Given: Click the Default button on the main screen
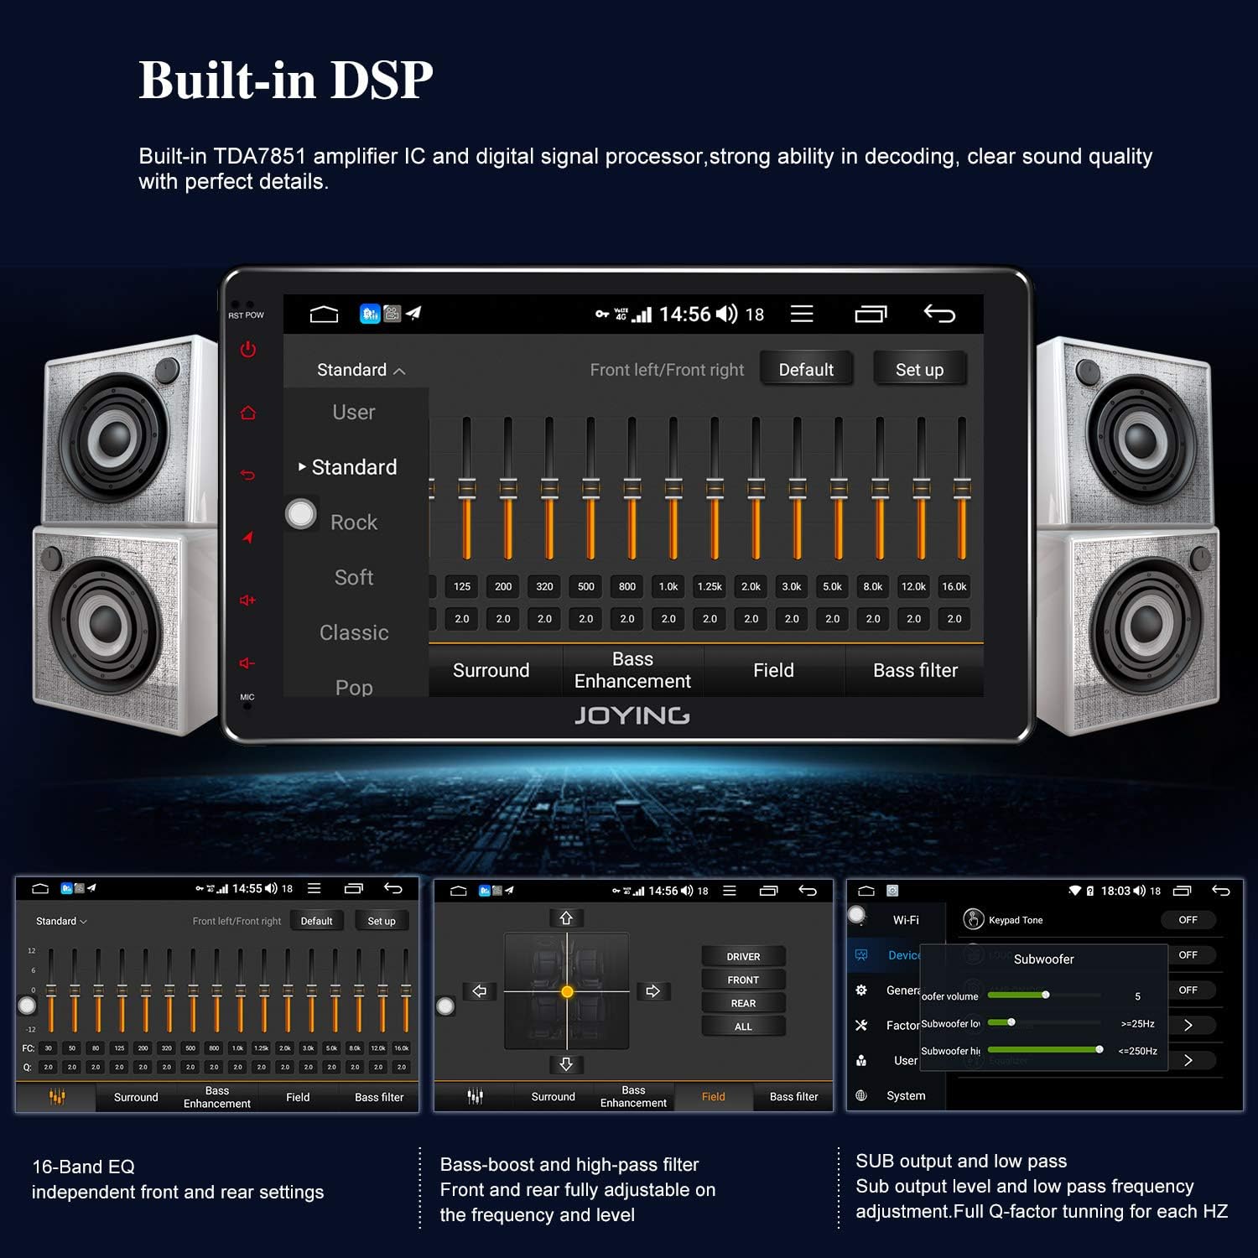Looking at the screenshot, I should [806, 370].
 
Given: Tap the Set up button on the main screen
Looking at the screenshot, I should [919, 370].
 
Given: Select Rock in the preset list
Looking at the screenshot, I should [354, 522].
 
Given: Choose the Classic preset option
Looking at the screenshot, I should [354, 632].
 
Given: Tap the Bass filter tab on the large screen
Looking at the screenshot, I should [915, 670].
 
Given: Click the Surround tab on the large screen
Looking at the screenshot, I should [491, 670].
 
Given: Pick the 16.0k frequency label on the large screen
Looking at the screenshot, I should [954, 587].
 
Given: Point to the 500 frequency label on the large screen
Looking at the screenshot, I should [586, 587].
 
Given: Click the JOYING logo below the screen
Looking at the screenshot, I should [632, 715].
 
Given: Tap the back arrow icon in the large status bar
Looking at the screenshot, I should [939, 314].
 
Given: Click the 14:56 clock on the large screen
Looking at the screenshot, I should [684, 314].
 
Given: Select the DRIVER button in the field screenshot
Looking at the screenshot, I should [743, 957].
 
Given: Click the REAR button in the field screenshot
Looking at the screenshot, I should [743, 1004].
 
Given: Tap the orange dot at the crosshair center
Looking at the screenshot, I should [567, 992].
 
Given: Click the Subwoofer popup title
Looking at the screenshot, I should [1043, 959].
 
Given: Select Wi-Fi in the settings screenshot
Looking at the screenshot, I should [906, 920].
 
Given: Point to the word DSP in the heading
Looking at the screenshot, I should [382, 81].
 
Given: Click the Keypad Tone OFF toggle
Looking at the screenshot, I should [1188, 920].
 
